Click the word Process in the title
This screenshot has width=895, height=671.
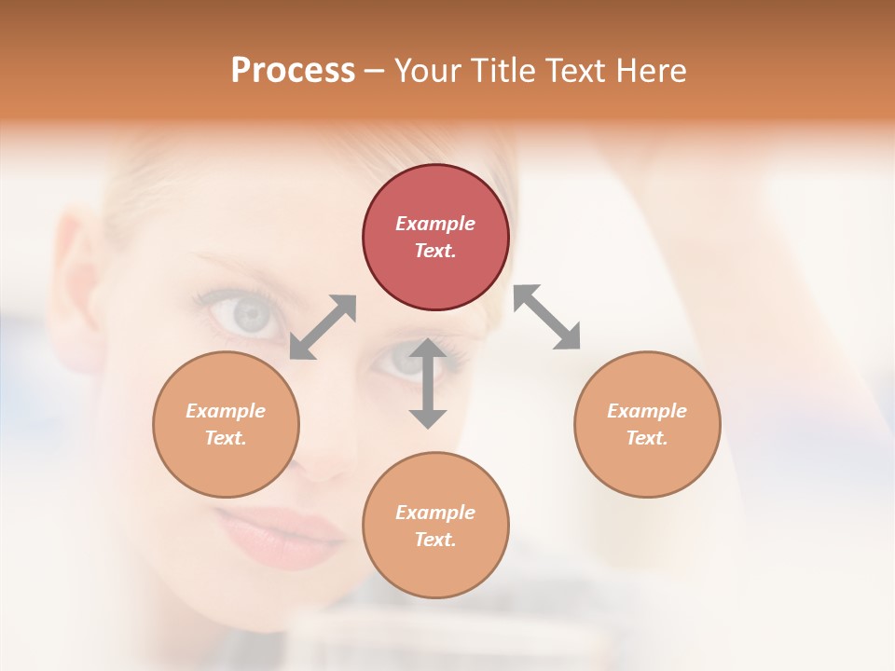(293, 71)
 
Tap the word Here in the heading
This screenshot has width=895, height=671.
(650, 71)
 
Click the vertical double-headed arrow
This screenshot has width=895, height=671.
(428, 383)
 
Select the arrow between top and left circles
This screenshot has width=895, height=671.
(323, 327)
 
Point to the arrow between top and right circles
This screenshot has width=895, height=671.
(547, 317)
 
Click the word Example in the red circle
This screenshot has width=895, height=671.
(435, 224)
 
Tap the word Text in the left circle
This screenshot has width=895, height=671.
(226, 438)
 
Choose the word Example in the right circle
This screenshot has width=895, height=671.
(647, 411)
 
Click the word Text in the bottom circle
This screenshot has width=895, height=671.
(435, 540)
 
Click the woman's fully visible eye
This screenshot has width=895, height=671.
(245, 314)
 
